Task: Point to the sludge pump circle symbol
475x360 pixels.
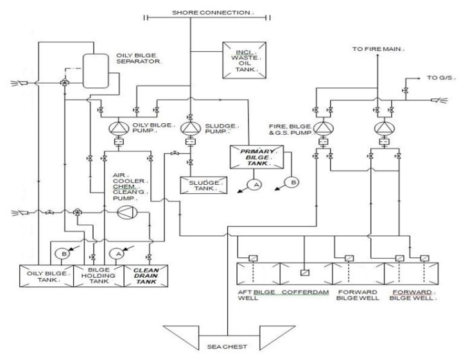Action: [x=189, y=127]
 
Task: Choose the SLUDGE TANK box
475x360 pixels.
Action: [x=203, y=184]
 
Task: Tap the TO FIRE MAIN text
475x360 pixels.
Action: [x=377, y=49]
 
